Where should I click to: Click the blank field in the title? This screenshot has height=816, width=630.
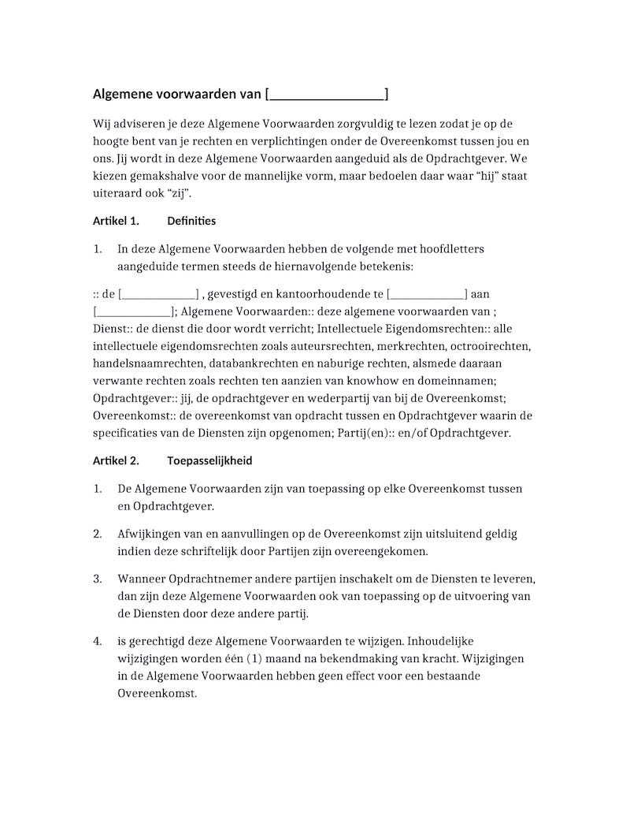tap(326, 95)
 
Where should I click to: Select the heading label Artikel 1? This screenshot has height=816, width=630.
tap(116, 221)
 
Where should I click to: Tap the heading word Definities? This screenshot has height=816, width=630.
tap(191, 221)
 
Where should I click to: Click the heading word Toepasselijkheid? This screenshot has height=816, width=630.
tap(209, 460)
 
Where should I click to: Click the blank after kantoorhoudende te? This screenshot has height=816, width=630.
tap(427, 295)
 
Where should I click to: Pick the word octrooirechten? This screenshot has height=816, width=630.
tap(493, 346)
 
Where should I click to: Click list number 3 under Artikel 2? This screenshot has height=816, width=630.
tap(98, 579)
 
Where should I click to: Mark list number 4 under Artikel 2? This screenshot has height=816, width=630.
tap(98, 642)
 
